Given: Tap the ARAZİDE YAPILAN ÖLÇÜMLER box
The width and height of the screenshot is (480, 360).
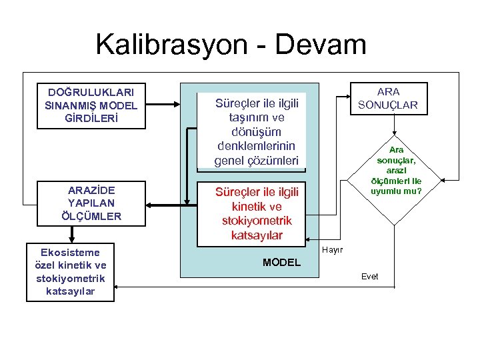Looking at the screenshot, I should tap(91, 203).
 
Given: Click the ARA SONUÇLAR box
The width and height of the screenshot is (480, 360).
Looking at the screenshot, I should tap(397, 98).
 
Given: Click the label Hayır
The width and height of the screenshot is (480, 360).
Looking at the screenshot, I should tap(332, 250).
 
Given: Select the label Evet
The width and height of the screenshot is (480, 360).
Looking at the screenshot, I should tap(369, 276).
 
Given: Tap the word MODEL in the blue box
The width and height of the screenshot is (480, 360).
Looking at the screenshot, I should tap(281, 263).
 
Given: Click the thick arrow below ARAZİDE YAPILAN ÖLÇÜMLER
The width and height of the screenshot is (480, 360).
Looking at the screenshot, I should tap(71, 233).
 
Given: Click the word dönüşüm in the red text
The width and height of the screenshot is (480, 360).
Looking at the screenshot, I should tap(257, 132).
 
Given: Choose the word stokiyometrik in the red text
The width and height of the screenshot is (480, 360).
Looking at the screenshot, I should tap(257, 221).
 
